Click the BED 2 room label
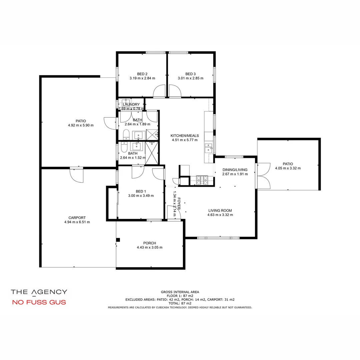[x=142, y=74]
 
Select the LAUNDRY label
[x=131, y=104]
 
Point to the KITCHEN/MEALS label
[x=185, y=135]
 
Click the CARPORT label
[x=77, y=217]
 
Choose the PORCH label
[x=150, y=243]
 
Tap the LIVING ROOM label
[x=220, y=210]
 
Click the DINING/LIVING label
[x=235, y=170]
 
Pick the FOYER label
[x=179, y=203]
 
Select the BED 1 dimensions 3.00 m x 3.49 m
[x=141, y=196]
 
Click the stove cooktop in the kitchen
[x=202, y=180]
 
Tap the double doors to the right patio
[x=263, y=176]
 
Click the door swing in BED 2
[x=159, y=91]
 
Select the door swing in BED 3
[x=175, y=91]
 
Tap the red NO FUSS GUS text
[x=39, y=303]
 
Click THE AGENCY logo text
[x=39, y=292]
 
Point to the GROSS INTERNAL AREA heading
[x=180, y=292]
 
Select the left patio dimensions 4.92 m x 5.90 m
[x=81, y=126]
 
